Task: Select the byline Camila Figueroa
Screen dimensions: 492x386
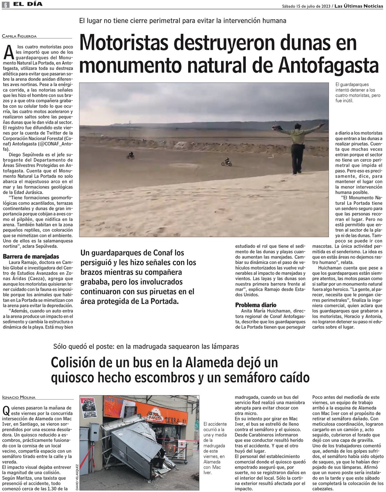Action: click(19, 36)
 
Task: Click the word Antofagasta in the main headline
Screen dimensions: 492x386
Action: click(330, 65)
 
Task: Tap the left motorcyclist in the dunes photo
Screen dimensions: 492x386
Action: click(131, 155)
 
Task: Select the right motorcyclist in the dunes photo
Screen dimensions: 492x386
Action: click(227, 162)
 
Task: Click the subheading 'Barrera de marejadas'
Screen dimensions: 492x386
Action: click(31, 257)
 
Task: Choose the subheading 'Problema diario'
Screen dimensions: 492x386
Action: click(256, 305)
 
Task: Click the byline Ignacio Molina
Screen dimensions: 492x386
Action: click(19, 398)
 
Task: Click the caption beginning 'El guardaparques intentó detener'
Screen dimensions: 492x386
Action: click(358, 92)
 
